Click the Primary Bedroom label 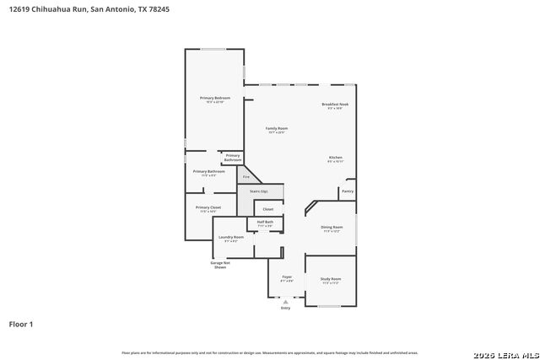215,98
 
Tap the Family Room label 277,128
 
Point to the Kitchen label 335,158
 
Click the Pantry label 348,191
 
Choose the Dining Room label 332,227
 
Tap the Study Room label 330,278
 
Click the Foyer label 287,276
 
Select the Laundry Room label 230,237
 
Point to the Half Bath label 265,222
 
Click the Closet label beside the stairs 267,208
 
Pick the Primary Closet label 208,207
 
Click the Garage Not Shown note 220,265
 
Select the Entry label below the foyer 285,309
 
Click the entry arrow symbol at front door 285,301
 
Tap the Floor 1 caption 20,323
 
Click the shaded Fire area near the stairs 246,177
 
